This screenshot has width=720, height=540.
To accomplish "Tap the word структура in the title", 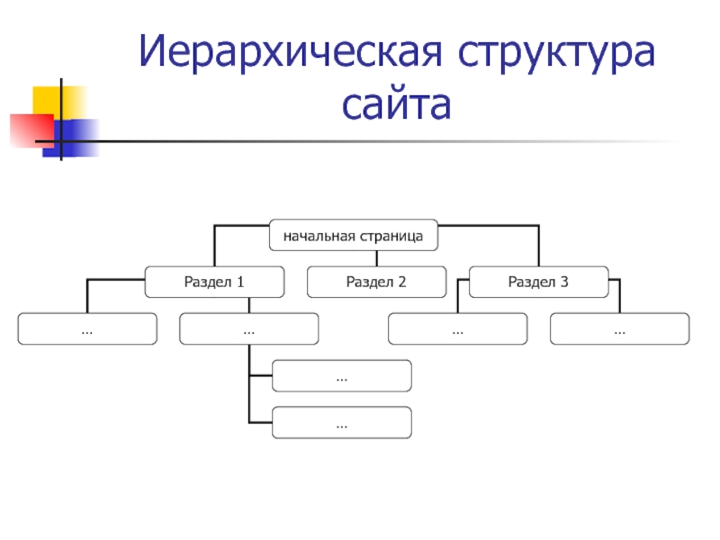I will [x=559, y=55].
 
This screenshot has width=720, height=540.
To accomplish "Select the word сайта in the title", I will [x=396, y=107].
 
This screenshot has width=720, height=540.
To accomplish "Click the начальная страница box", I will [x=354, y=236].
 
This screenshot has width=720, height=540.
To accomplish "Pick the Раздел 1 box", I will [x=214, y=282].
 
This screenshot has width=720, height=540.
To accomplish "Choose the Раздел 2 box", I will [x=376, y=282].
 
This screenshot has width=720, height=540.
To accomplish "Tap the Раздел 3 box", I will [x=538, y=282].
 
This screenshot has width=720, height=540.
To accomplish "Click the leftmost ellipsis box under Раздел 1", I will [x=87, y=329].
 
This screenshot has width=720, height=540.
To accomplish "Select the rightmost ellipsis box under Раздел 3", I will [x=619, y=329].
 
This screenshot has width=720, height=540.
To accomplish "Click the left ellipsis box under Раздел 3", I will [x=457, y=329].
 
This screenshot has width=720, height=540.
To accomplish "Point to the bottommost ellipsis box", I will [x=342, y=422].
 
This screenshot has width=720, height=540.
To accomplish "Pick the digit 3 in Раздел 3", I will [x=564, y=283].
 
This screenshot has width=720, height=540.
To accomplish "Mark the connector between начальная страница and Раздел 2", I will [x=376, y=258].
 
